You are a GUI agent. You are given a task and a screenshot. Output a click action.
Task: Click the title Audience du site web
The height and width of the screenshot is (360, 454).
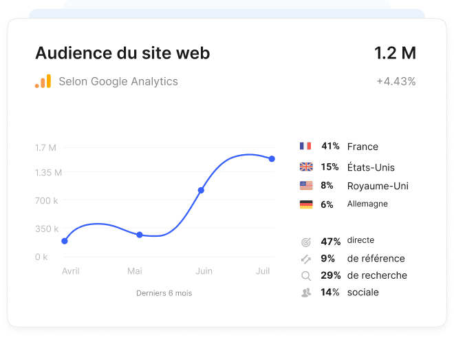tap(122, 53)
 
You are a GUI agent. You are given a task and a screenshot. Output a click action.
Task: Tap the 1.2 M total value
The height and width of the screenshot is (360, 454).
tap(395, 53)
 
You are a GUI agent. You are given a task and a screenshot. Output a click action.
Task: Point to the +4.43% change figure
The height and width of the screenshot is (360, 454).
tap(396, 81)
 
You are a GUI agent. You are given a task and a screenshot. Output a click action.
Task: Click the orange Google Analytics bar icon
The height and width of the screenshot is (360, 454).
tap(43, 81)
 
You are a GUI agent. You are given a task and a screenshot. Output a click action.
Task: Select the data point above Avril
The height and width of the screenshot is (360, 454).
tap(65, 241)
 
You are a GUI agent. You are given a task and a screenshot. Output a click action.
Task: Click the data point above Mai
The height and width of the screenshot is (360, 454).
tap(139, 235)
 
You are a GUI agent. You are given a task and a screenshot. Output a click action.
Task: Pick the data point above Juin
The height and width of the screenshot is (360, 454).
tap(201, 190)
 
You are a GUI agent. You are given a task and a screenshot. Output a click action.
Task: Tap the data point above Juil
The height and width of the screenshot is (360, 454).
tap(272, 159)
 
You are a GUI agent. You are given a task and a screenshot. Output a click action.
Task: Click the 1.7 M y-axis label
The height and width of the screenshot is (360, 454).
tap(45, 147)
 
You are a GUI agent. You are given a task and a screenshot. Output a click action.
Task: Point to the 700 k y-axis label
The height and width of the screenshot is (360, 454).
tap(47, 200)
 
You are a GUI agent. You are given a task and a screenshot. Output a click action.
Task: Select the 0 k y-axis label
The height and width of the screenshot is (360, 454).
tap(41, 257)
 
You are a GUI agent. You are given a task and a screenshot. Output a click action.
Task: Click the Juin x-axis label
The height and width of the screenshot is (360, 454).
tap(204, 271)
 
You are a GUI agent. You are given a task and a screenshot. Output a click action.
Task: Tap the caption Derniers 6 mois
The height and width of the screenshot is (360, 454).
tap(164, 293)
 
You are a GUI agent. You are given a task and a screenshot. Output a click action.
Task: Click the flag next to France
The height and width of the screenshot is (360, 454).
tap(305, 146)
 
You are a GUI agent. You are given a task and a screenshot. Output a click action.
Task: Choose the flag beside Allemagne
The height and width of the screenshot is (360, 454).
tap(306, 204)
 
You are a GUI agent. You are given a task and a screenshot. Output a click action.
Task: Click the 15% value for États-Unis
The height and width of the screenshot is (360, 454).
tap(329, 167)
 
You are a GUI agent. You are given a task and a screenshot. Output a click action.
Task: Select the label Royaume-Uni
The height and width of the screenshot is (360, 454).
tap(378, 186)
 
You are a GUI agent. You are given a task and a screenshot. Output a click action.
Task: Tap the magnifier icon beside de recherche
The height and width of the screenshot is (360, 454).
tap(306, 276)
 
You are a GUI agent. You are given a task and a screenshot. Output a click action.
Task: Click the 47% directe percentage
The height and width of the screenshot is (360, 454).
tap(331, 242)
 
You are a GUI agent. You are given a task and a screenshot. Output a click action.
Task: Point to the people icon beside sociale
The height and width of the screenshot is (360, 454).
tap(306, 293)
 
